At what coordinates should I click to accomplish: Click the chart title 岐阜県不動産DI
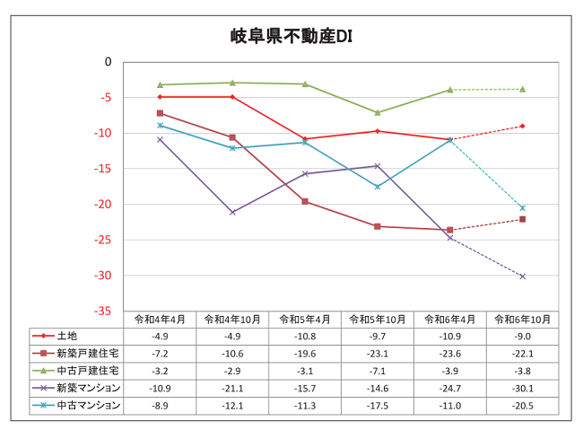(x=291, y=37)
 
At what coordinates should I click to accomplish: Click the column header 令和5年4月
(x=305, y=319)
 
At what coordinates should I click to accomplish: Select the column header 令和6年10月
(x=522, y=319)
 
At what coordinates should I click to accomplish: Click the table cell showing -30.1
(x=522, y=388)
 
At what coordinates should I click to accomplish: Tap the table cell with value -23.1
(x=377, y=353)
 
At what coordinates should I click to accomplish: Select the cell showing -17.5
(x=377, y=405)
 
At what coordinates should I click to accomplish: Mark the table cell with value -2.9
(x=232, y=370)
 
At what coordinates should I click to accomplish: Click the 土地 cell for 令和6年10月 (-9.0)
(x=522, y=336)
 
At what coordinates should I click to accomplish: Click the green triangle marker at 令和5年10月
(x=378, y=112)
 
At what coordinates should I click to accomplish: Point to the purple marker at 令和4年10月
(x=232, y=212)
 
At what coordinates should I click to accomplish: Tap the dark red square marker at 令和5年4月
(x=305, y=201)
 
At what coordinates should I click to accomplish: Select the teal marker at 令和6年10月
(x=522, y=207)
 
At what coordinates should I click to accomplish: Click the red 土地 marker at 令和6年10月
(x=522, y=126)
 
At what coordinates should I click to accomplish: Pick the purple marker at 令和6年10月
(x=522, y=276)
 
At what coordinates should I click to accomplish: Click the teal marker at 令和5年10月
(x=378, y=187)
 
